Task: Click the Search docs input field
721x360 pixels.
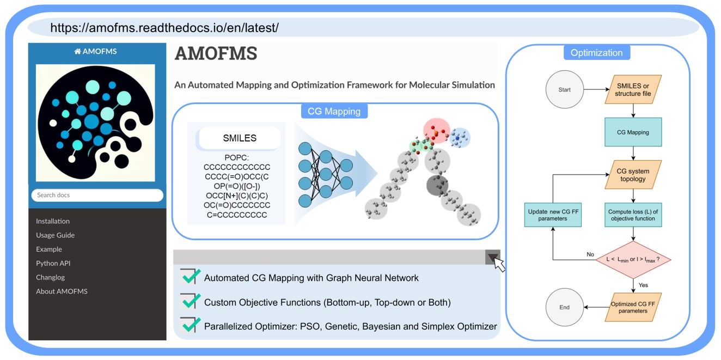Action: (x=97, y=195)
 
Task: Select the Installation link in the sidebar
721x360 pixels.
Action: (x=53, y=221)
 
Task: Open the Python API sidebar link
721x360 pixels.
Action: (x=53, y=263)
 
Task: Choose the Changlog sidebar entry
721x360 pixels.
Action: (x=50, y=277)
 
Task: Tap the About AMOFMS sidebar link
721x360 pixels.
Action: (x=62, y=291)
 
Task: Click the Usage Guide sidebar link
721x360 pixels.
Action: (x=55, y=235)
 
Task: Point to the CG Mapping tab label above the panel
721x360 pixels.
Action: (x=334, y=111)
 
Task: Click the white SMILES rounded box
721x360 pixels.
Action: (x=240, y=138)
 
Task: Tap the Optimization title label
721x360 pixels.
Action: (x=596, y=53)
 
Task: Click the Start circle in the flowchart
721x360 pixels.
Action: (x=565, y=90)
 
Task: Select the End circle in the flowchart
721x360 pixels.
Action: (x=565, y=307)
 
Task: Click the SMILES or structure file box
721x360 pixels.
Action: (x=633, y=90)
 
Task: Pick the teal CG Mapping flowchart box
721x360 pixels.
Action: (x=633, y=132)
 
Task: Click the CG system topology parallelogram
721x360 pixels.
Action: (x=633, y=175)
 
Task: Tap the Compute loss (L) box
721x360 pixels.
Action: (x=633, y=215)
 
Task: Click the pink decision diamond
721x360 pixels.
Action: (x=633, y=259)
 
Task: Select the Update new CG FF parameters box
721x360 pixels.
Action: (x=553, y=215)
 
